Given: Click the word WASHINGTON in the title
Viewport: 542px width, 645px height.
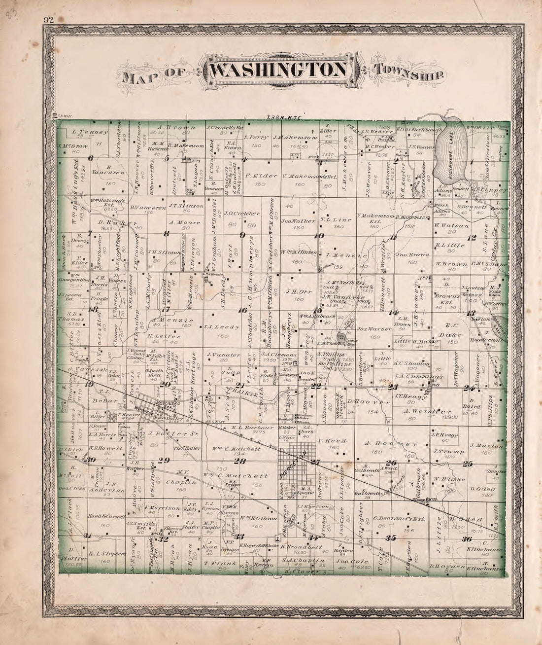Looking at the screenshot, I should tap(278, 70).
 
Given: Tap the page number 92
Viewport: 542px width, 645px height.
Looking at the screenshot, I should tap(48, 20).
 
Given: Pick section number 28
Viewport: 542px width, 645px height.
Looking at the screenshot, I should tap(240, 461).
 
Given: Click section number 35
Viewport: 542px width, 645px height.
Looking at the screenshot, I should tap(392, 537).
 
